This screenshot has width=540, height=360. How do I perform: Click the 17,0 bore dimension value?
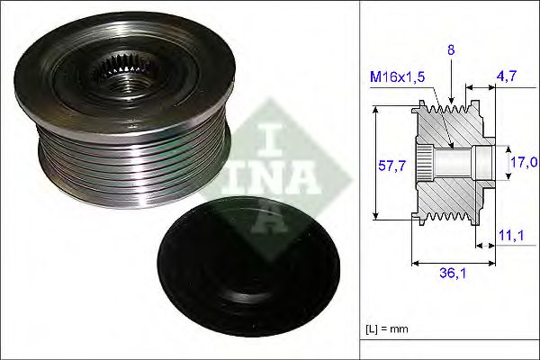click(x=524, y=164)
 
